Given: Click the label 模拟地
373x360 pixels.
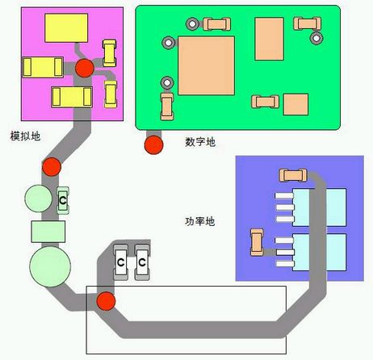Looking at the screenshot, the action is click(25, 136).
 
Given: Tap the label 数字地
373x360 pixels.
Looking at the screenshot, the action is click(200, 142).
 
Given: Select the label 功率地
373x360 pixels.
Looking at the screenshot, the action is click(200, 221).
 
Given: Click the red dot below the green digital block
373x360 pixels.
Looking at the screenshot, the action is click(153, 145).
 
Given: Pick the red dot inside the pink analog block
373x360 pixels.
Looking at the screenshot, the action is click(85, 68).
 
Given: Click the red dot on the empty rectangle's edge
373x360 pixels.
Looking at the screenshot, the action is click(106, 301).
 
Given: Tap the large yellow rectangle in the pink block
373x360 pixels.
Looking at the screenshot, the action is click(66, 28).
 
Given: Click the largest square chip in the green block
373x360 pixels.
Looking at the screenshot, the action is click(206, 65).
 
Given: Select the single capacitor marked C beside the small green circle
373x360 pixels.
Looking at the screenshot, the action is click(63, 200).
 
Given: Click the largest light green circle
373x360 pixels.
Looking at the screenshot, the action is click(50, 266).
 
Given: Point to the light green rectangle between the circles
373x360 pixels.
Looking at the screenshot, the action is click(48, 232).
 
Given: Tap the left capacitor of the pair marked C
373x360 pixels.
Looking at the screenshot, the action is click(120, 262).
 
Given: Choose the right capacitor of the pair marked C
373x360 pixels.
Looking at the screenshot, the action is click(142, 262).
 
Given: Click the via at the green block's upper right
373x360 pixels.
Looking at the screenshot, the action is click(316, 38).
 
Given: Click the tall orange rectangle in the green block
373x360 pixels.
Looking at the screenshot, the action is click(270, 39).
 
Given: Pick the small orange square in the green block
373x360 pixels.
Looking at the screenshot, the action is click(295, 104).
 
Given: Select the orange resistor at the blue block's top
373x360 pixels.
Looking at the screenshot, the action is click(293, 175).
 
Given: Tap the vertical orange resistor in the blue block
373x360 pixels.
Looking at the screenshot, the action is click(257, 242).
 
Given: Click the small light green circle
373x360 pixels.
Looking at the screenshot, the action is click(38, 199).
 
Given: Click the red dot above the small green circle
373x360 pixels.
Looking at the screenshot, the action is click(52, 167).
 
